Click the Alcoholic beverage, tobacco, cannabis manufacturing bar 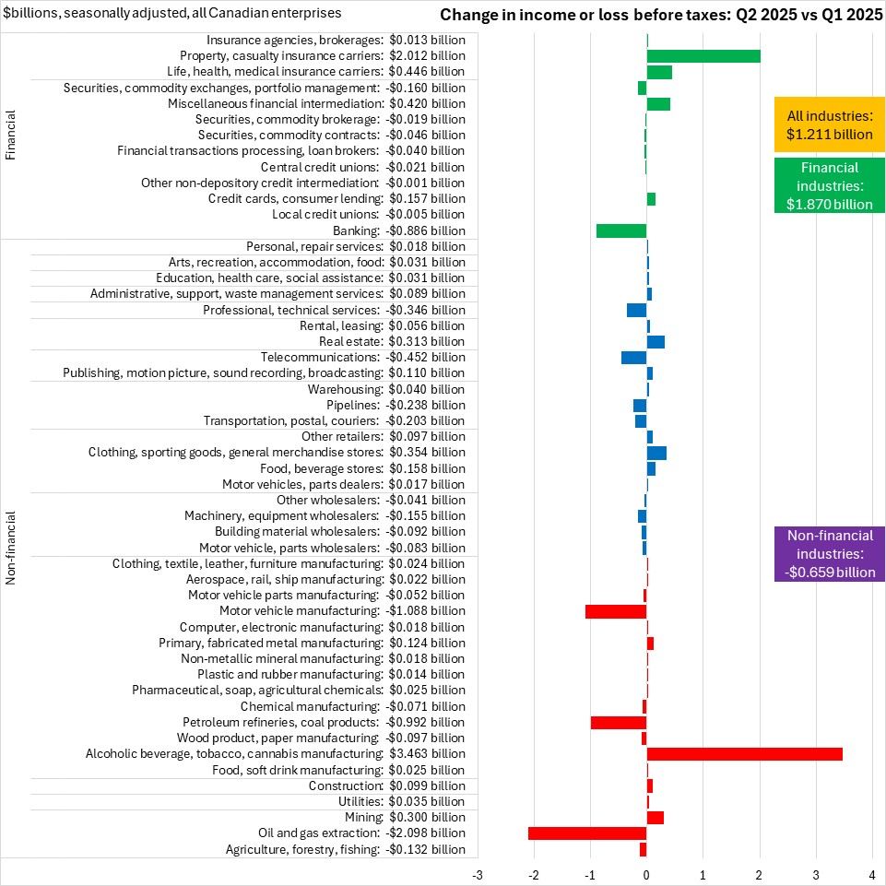[744, 754]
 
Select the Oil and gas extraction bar [587, 833]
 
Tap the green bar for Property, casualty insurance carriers [703, 56]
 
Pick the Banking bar [621, 230]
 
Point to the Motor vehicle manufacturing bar [616, 611]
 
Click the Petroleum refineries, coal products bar [619, 722]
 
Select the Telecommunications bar [633, 358]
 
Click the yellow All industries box [830, 125]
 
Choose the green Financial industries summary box [830, 186]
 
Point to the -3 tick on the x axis [478, 872]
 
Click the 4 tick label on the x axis [872, 872]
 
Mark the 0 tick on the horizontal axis [646, 872]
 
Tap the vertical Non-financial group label [11, 548]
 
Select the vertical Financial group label [11, 136]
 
